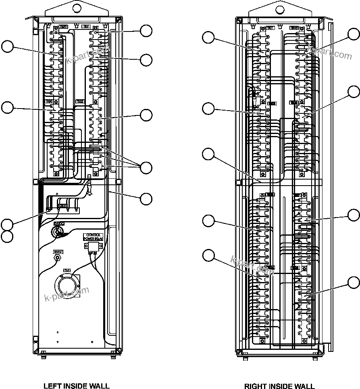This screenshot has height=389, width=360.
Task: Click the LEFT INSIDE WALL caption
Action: point(76,386)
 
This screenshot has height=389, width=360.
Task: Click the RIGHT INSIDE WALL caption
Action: point(279,386)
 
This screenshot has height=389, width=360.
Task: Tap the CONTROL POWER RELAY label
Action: point(93,236)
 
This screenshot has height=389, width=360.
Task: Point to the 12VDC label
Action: point(57,251)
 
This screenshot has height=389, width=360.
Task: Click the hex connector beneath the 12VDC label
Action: point(57,257)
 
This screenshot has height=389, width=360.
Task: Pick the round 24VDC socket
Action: point(58,232)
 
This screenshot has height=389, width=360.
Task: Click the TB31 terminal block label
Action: point(85,26)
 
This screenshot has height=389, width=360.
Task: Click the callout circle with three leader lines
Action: point(146,167)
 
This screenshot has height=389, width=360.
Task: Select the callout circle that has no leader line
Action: point(7,236)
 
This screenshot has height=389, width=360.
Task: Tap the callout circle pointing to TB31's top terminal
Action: point(146,31)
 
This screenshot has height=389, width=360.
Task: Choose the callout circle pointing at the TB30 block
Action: point(7,107)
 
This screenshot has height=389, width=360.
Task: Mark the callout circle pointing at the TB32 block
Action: point(146,115)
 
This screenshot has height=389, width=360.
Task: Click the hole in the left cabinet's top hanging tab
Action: point(76,8)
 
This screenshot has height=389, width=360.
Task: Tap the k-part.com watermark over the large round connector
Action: point(67,295)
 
